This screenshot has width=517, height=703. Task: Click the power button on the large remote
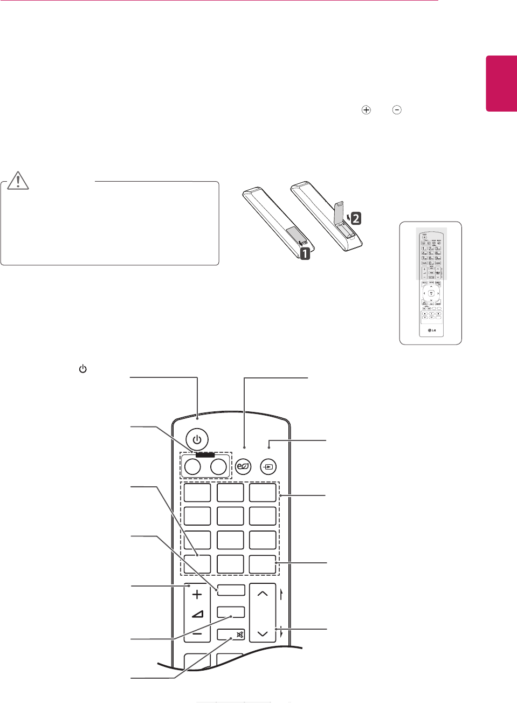[197, 439]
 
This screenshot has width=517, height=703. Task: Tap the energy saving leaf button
[243, 466]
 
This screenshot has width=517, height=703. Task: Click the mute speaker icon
[239, 635]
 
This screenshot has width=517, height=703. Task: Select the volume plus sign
[197, 595]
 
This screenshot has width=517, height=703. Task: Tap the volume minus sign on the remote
[197, 634]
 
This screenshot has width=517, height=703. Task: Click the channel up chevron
[263, 594]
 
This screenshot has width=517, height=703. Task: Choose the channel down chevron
[263, 633]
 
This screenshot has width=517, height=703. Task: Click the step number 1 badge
[305, 253]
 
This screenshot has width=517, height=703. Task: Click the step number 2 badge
[356, 218]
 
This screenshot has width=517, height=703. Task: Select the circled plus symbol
[366, 110]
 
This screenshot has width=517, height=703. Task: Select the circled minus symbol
[397, 110]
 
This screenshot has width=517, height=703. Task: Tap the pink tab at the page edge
[501, 83]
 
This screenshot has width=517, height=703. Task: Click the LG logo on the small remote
[431, 330]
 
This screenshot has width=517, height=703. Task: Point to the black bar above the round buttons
[205, 454]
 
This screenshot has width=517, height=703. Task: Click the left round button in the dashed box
[192, 466]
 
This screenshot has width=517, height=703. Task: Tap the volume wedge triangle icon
[197, 614]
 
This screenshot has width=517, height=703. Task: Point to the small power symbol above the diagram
[82, 369]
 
